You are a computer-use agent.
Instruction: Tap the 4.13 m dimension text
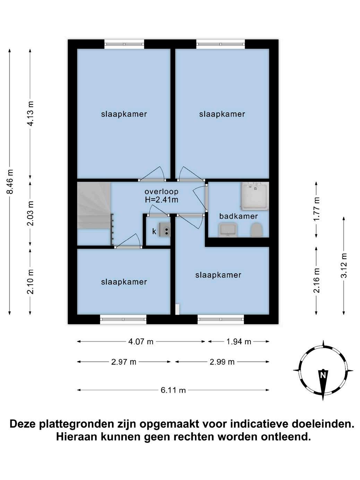tap(31, 113)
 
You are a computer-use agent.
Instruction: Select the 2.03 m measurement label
tap(31, 213)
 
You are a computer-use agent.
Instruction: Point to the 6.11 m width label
tap(173, 390)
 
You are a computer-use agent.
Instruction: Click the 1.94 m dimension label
tap(239, 342)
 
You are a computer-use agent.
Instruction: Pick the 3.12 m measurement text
tap(344, 265)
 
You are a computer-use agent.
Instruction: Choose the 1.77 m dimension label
tap(316, 209)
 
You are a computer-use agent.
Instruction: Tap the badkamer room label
tap(239, 216)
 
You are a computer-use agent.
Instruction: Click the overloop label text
tap(162, 192)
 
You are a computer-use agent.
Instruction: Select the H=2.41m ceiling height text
tap(162, 200)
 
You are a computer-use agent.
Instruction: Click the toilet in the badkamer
tap(256, 230)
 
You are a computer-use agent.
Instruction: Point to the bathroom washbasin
tap(228, 230)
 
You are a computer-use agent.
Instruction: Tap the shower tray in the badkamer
tap(255, 196)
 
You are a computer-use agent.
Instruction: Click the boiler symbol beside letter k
tap(165, 230)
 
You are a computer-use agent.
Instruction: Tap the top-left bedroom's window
tap(124, 44)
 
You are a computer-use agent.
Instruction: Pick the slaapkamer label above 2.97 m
tap(124, 282)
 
